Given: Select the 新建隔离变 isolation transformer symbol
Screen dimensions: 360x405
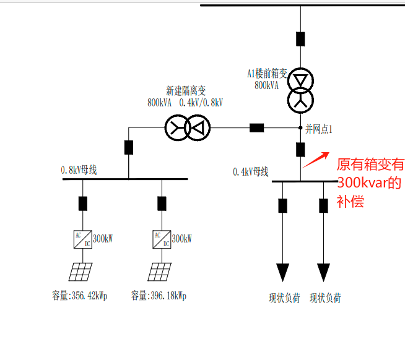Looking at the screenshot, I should coord(188,128).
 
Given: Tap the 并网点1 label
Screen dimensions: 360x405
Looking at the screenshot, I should coord(319,130).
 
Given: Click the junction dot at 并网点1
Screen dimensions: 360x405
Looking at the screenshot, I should coord(300,128).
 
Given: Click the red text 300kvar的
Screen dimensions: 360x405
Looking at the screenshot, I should coord(369,183).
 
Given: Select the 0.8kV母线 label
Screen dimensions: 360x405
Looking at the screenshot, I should coord(79,169).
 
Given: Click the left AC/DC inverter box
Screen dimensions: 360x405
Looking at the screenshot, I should coord(82,239).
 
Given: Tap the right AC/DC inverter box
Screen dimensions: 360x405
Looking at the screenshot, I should coord(162,239).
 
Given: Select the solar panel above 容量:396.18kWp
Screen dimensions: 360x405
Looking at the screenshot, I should coord(161,271).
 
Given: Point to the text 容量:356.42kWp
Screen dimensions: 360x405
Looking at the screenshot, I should coord(80,296).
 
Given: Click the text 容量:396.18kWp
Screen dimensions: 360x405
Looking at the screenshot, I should coord(159,296).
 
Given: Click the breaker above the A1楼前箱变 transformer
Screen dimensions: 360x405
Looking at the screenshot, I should coord(300,38).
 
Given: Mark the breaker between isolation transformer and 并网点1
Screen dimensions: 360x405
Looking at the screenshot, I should coord(256,128).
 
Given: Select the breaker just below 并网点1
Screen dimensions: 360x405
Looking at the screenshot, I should coord(300,149).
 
